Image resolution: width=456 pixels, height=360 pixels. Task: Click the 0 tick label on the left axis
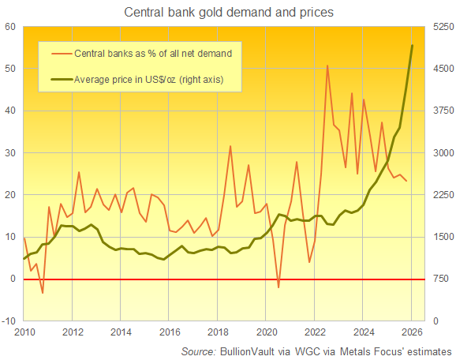[x=14, y=279]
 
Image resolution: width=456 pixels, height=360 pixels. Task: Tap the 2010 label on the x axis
[x=24, y=332]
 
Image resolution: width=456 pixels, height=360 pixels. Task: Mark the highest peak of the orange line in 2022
[x=327, y=66]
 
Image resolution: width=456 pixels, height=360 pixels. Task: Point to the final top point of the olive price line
[x=412, y=45]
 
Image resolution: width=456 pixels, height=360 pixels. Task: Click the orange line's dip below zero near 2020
[x=278, y=287]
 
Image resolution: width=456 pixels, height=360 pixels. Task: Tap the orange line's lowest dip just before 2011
[x=43, y=293]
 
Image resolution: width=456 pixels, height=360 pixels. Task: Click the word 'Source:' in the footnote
[x=199, y=350]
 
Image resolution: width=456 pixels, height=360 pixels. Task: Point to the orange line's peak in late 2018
[x=230, y=146]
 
